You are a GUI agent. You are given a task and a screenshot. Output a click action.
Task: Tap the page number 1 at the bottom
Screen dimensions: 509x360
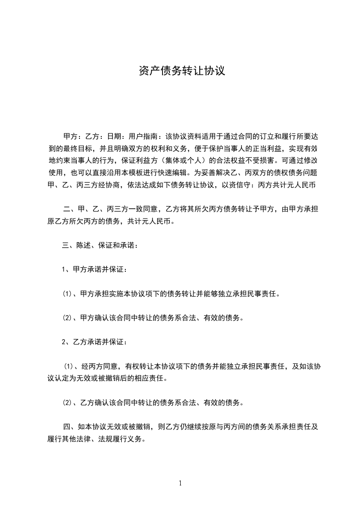(x=180, y=483)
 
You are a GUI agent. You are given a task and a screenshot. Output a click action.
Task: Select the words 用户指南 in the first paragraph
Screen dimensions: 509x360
(x=143, y=136)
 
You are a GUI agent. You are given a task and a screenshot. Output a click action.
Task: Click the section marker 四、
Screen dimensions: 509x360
(x=69, y=426)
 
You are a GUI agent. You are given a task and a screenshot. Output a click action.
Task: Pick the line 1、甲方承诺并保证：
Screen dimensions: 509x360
(x=94, y=269)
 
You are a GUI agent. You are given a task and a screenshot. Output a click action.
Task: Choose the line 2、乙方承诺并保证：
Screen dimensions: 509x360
(x=94, y=342)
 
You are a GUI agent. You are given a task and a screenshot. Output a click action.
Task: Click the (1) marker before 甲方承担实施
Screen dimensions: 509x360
(x=68, y=294)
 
